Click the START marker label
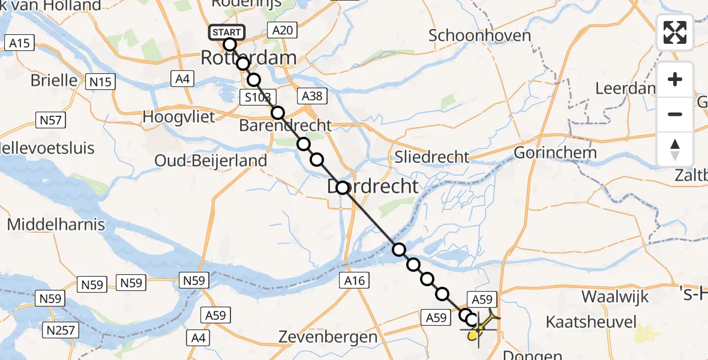pyautogui.click(x=226, y=32)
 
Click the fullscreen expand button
pyautogui.click(x=675, y=32)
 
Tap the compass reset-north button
pyautogui.click(x=675, y=149)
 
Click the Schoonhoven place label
pyautogui.click(x=479, y=35)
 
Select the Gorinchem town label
pyautogui.click(x=555, y=152)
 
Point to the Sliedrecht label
pyautogui.click(x=432, y=157)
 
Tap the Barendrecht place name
pyautogui.click(x=285, y=125)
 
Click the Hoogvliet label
pyautogui.click(x=178, y=116)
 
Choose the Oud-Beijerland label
pyautogui.click(x=211, y=160)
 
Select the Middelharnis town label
pyautogui.click(x=56, y=225)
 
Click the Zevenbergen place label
pyautogui.click(x=328, y=337)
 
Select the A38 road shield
pyautogui.click(x=312, y=96)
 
